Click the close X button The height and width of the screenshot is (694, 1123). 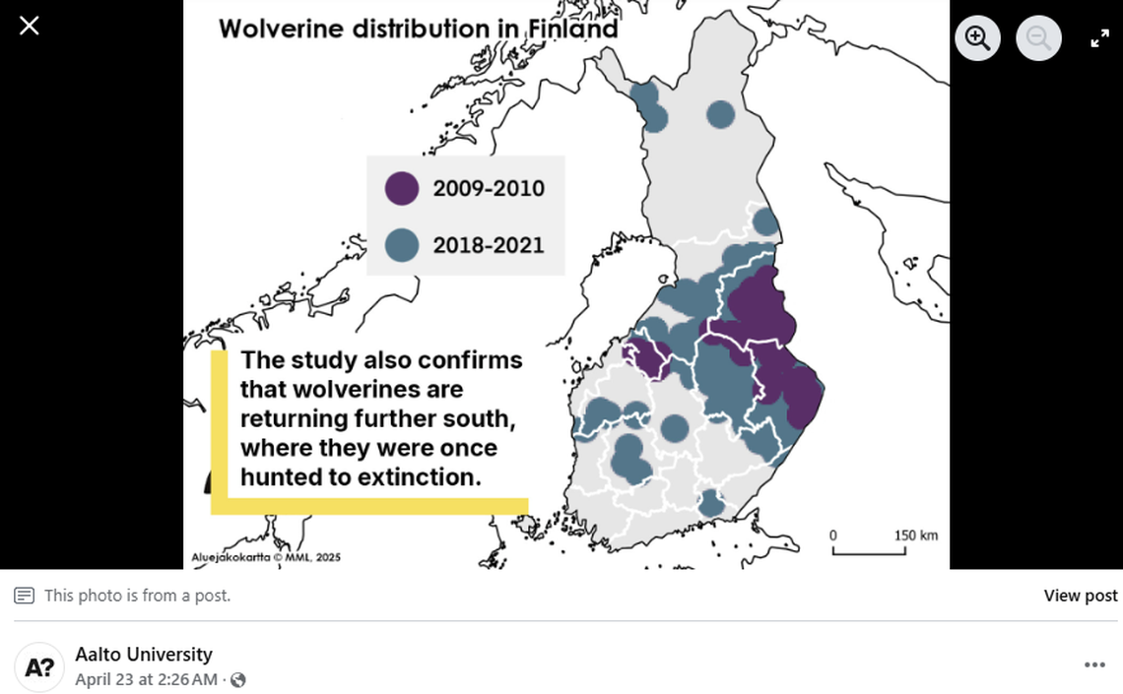pos(30,26)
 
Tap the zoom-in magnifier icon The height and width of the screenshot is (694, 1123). pos(977,38)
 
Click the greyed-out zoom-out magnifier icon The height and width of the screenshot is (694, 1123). pos(1038,38)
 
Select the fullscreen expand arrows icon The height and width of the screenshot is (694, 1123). pos(1099,38)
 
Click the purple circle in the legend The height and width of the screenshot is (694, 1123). pos(401,188)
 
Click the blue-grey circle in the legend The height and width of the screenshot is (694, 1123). pos(401,244)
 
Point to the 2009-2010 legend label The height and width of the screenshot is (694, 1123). pos(489,189)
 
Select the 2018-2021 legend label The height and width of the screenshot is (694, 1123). pos(489,245)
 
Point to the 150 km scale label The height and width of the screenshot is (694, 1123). pos(915,536)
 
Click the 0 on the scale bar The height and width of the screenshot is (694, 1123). pos(833,536)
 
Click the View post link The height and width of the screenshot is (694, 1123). pos(1080,596)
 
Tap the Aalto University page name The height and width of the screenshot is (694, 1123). pos(144,655)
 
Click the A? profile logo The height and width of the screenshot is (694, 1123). pos(39,666)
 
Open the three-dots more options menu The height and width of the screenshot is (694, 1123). pos(1094,665)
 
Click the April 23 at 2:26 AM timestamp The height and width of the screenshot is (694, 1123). pos(146,679)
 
